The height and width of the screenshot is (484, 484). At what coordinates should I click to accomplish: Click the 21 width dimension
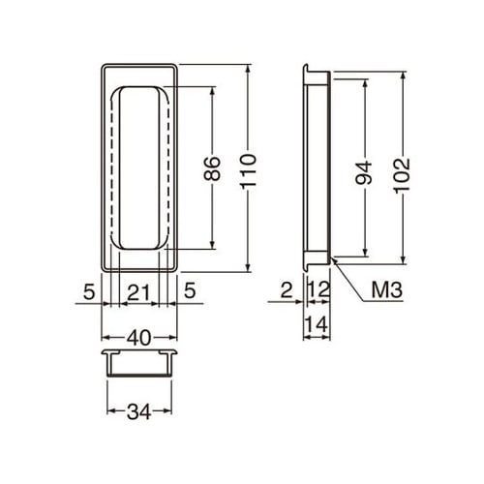140,289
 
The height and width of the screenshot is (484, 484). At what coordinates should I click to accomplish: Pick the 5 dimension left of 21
88,289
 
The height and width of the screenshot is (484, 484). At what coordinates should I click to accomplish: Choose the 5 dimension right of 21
192,289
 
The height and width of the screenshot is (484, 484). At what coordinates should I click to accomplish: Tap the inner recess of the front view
140,167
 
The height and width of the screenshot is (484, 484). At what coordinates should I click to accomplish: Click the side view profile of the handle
315,167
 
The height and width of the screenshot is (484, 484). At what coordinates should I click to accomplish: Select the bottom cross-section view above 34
140,360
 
